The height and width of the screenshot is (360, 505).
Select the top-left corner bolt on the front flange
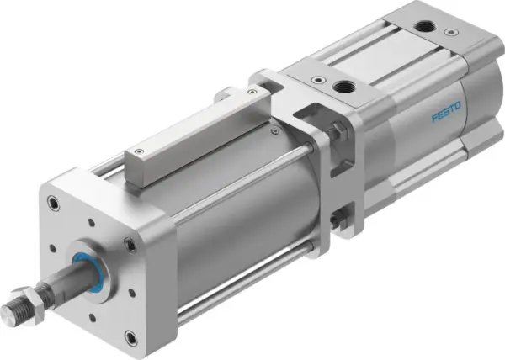point(54,203)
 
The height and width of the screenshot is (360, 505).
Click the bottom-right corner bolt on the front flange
point(130,337)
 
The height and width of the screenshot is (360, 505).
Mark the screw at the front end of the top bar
point(133,153)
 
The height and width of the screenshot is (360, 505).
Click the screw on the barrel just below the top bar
point(275,131)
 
